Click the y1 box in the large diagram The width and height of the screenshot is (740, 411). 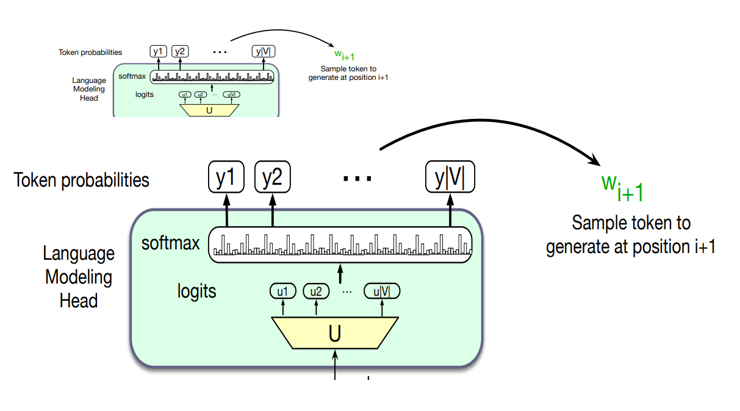tap(226, 177)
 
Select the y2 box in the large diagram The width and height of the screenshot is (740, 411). tap(272, 177)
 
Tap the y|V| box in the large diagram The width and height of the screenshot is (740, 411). tap(450, 177)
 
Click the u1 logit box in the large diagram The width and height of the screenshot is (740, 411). tap(282, 291)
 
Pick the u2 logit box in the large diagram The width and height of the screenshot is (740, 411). tap(315, 291)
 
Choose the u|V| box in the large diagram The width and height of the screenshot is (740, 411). tap(382, 291)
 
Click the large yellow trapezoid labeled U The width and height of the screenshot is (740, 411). tap(335, 333)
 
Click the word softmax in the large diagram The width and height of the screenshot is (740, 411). tap(171, 244)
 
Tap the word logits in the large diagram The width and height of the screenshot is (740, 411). tap(197, 291)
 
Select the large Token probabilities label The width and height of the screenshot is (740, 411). tap(81, 180)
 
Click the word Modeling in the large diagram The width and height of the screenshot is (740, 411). tap(79, 277)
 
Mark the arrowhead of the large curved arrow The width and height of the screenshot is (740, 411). tap(595, 161)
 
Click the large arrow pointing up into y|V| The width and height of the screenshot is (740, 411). tap(450, 210)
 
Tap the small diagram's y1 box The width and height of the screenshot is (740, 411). tap(158, 51)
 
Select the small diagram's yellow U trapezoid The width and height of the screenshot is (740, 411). tap(209, 110)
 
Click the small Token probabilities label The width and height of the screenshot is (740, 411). tap(90, 52)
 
